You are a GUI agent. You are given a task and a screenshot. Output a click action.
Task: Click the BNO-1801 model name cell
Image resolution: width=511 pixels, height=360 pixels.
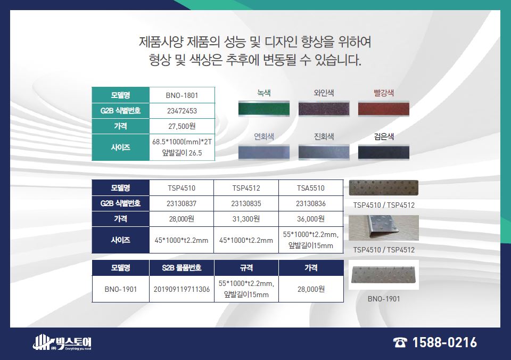[x=182, y=95]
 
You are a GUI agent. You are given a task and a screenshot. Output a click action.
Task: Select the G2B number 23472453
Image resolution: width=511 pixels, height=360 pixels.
[x=182, y=111]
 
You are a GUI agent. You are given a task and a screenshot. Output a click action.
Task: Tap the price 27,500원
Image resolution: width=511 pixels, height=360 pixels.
[x=182, y=126]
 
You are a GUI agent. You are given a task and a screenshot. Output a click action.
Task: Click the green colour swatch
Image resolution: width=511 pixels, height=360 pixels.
[x=263, y=109]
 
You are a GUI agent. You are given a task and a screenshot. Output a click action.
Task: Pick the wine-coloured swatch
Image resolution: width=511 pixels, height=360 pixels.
[x=324, y=109]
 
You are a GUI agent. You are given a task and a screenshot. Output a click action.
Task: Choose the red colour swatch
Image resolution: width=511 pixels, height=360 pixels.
[x=384, y=109]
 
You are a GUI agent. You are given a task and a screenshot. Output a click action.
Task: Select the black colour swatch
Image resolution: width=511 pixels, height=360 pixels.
[x=384, y=152]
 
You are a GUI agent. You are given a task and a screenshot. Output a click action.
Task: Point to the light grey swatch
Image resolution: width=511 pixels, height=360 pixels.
[x=263, y=152]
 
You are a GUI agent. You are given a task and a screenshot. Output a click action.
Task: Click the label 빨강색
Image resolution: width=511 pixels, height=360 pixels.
[x=384, y=93]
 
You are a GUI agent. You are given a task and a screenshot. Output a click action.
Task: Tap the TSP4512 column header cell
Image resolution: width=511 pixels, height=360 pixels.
[x=246, y=188]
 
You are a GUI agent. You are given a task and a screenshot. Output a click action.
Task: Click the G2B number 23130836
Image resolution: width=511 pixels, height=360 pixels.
[x=310, y=203]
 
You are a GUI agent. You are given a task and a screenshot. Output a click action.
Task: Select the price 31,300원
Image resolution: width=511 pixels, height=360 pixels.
[x=246, y=219]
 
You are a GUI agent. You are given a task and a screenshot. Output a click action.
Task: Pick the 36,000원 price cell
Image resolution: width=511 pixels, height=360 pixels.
[x=311, y=219]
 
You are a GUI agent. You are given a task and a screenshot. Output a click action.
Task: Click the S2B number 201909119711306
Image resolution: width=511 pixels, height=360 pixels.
[x=182, y=289]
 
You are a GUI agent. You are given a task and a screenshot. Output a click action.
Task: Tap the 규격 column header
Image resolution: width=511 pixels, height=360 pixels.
[x=246, y=268]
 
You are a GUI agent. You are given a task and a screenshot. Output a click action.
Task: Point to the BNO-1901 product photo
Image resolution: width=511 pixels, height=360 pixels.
[x=384, y=275]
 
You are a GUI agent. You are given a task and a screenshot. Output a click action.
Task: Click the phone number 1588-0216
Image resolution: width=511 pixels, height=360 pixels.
[x=444, y=342]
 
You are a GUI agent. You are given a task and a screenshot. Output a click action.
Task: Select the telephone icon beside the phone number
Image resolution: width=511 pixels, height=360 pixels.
[x=400, y=343]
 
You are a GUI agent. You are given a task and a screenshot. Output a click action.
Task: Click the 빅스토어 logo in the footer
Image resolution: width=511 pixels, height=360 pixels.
[x=62, y=342]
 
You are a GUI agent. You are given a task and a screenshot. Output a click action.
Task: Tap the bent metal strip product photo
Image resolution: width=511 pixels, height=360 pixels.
[x=384, y=228]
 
